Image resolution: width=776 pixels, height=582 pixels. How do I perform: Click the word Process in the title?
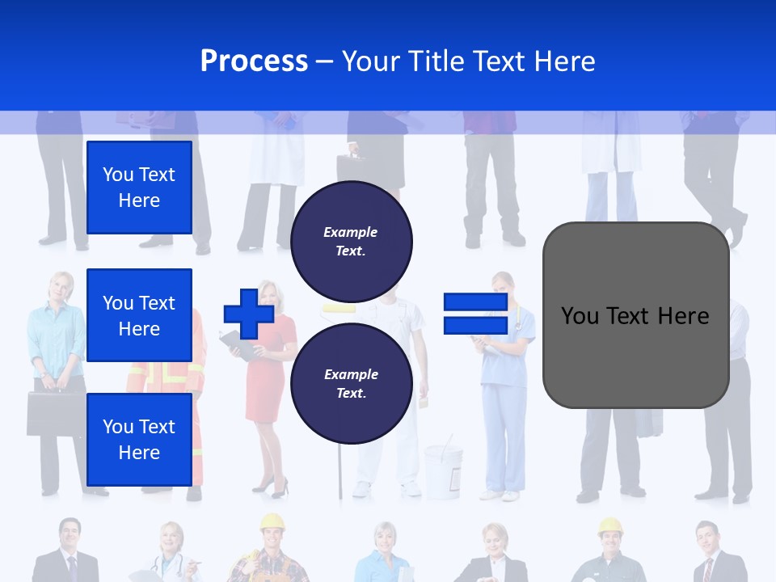tap(254, 61)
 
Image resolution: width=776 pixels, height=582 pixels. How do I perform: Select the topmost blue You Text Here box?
tap(139, 188)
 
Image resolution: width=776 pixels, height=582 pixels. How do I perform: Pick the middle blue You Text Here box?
tap(139, 315)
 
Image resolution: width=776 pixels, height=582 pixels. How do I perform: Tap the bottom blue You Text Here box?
tap(139, 439)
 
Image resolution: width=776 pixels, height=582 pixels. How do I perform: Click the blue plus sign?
tap(249, 314)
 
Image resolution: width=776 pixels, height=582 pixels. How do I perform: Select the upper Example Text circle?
tap(351, 241)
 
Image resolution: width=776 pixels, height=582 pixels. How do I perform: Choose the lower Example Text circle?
tap(351, 383)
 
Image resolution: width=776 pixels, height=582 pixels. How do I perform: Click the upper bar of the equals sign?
tap(475, 302)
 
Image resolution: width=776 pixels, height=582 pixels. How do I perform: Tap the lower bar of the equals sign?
tap(475, 325)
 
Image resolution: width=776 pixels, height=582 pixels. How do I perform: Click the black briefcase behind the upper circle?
tap(354, 167)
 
